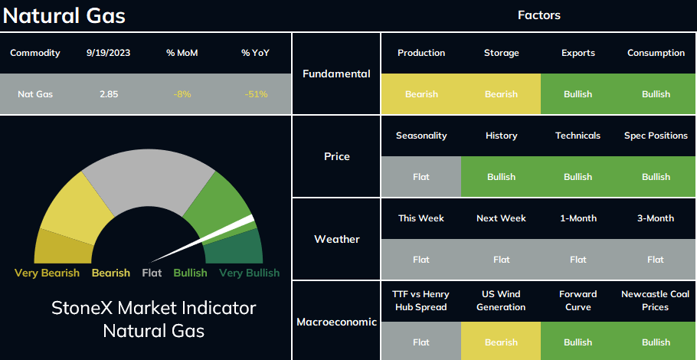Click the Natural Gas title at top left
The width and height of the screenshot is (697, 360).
coord(64,16)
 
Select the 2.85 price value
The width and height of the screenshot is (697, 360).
coord(109,94)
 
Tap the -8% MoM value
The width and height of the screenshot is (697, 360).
coord(182,94)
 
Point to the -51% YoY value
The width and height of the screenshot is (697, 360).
coord(256,94)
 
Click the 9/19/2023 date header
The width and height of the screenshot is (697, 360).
coord(109,53)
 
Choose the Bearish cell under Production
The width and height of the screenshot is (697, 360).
coord(421,94)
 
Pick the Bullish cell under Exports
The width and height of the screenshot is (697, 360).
coord(578,94)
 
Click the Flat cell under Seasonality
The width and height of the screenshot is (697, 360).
coord(421,177)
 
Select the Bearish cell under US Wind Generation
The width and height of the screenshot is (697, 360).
coord(501,342)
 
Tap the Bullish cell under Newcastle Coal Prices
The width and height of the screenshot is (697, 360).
coord(656,342)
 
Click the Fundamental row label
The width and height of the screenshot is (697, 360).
coord(336,74)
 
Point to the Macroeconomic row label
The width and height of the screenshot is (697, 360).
coord(336,322)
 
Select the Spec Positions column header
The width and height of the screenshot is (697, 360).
coord(656,136)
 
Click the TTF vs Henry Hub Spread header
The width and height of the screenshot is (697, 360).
coord(421,300)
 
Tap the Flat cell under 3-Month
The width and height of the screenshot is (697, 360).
coord(656,260)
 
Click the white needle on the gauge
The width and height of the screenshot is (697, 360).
coord(201,240)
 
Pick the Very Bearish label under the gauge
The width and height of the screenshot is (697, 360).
coord(47,273)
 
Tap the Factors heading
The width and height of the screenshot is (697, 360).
coord(539,15)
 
